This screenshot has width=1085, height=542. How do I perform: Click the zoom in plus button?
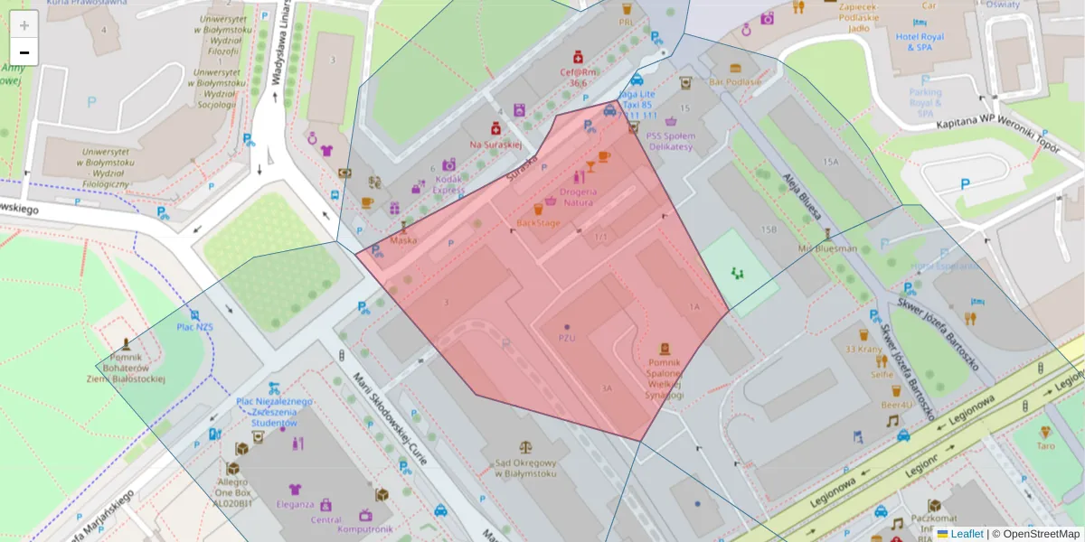(x=24, y=25)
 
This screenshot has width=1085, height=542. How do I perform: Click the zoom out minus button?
(x=24, y=52)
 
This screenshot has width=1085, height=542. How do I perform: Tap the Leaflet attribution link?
(x=967, y=534)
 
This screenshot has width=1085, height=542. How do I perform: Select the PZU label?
(x=567, y=338)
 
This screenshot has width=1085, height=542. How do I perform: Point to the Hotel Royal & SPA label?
(x=920, y=42)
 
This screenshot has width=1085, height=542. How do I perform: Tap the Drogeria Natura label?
(x=579, y=197)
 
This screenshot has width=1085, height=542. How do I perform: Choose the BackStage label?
(x=538, y=222)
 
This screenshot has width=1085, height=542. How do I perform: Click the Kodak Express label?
(x=448, y=185)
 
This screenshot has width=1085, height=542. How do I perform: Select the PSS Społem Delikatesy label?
(x=670, y=141)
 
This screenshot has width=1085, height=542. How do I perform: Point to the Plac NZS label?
(x=194, y=327)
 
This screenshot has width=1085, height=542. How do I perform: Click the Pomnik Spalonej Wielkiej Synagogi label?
(x=665, y=378)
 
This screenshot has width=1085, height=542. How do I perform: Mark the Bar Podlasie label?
(x=735, y=81)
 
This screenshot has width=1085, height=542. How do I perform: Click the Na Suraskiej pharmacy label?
(x=495, y=144)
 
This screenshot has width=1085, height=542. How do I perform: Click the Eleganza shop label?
(x=295, y=504)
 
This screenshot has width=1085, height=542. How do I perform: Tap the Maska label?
(x=403, y=240)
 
